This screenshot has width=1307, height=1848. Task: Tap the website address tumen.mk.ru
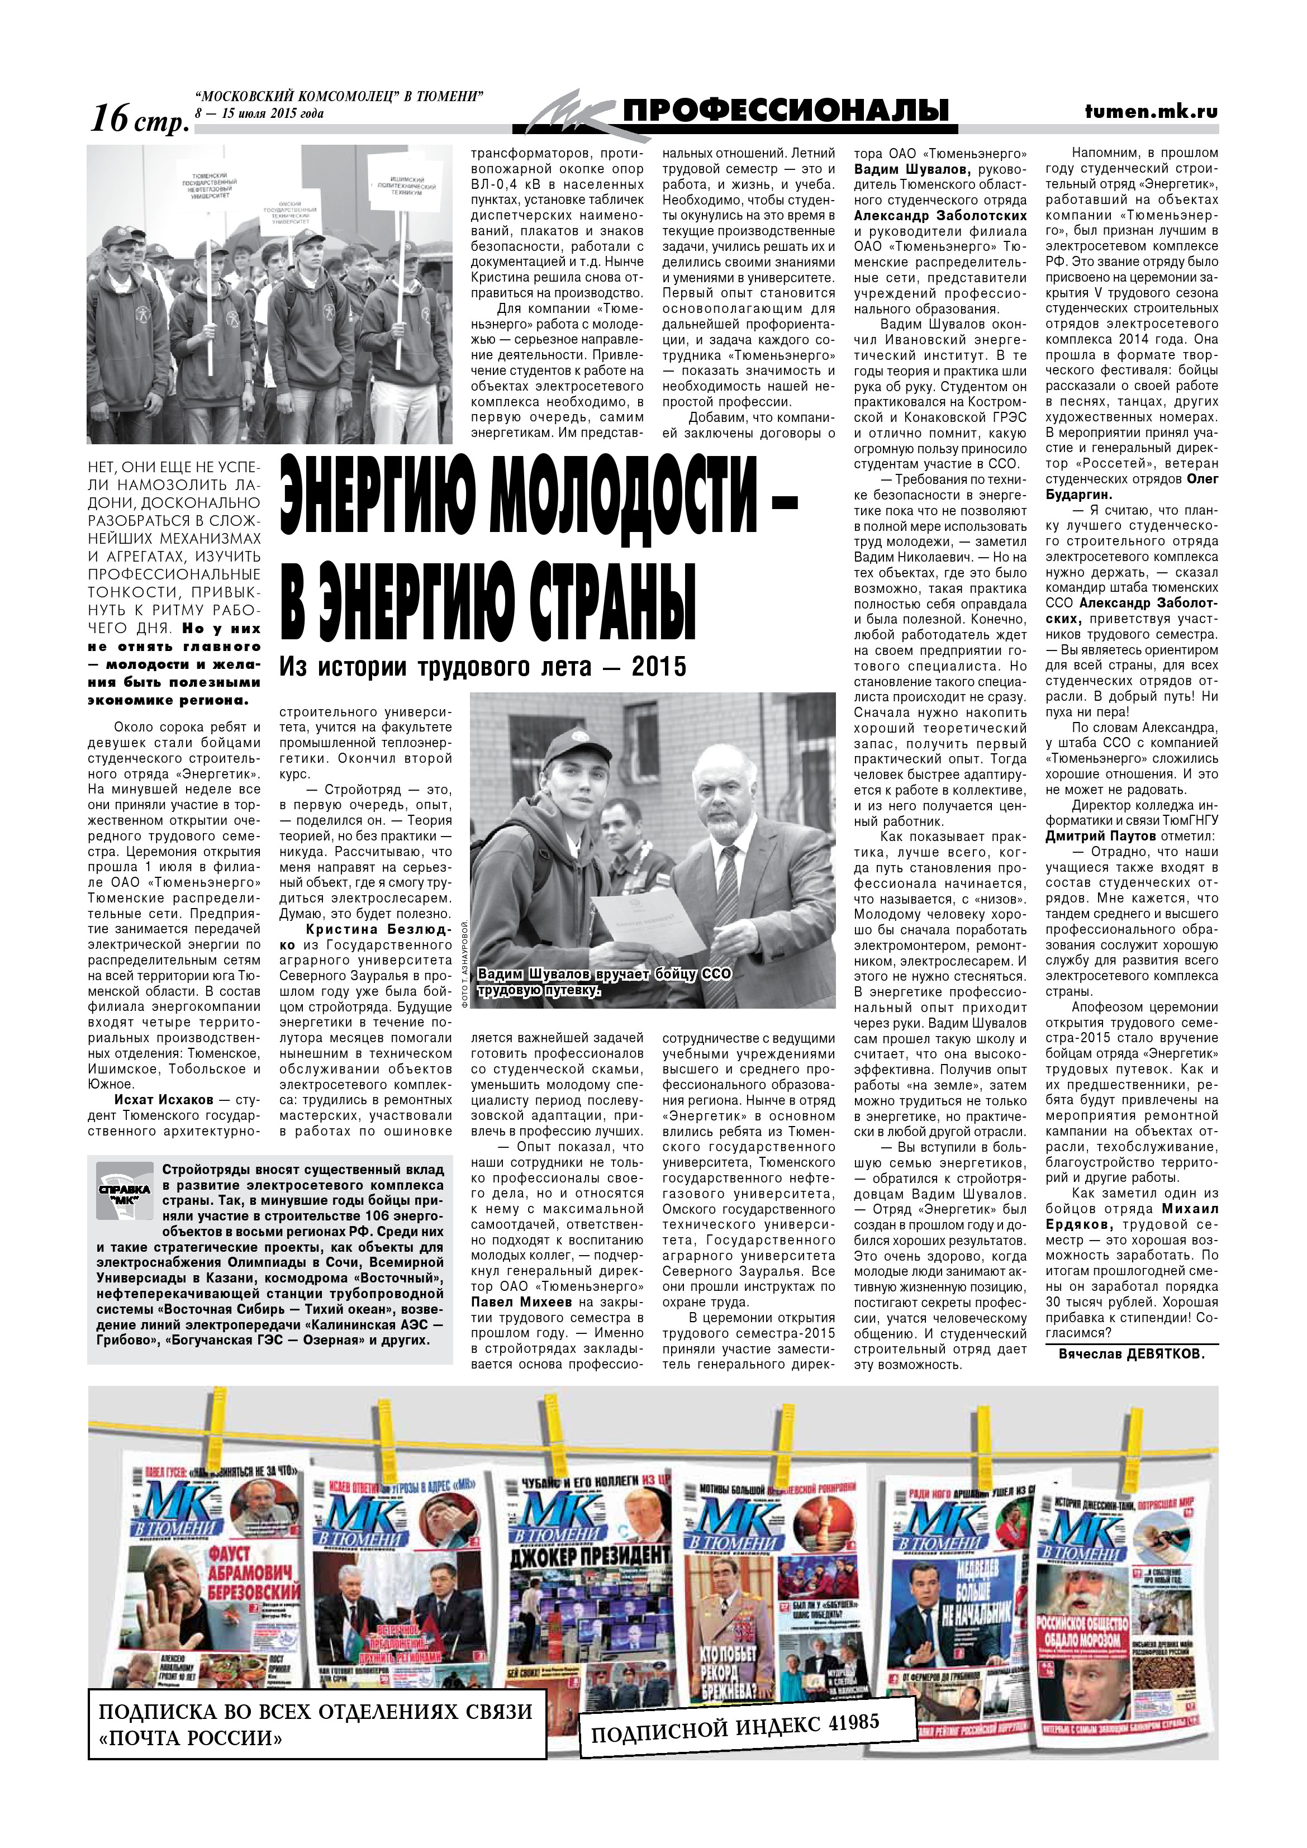[1151, 113]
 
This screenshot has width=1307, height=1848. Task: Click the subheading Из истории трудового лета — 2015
[483, 667]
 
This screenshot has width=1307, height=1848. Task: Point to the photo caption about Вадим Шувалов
[603, 982]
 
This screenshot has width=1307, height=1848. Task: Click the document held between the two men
[643, 921]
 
